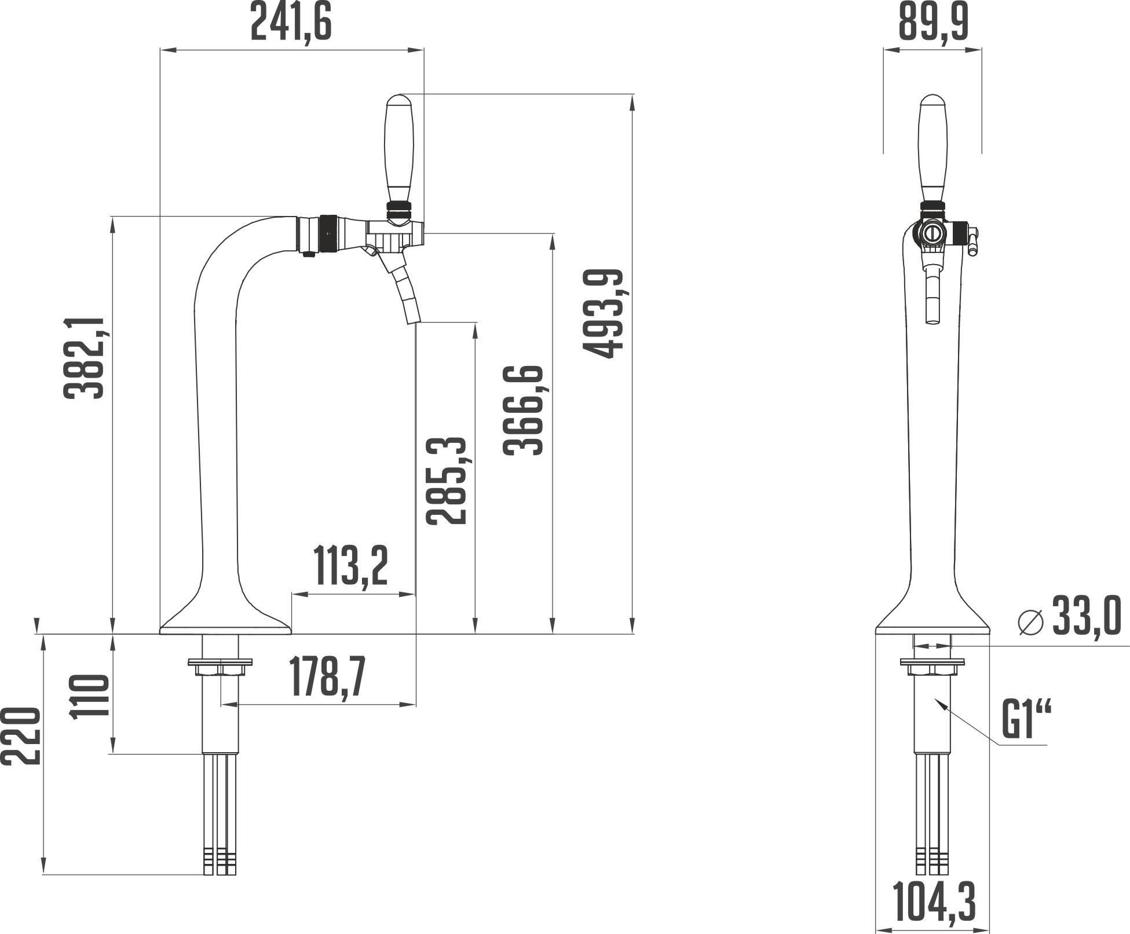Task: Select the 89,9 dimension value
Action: (933, 22)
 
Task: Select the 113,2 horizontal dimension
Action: (350, 566)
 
